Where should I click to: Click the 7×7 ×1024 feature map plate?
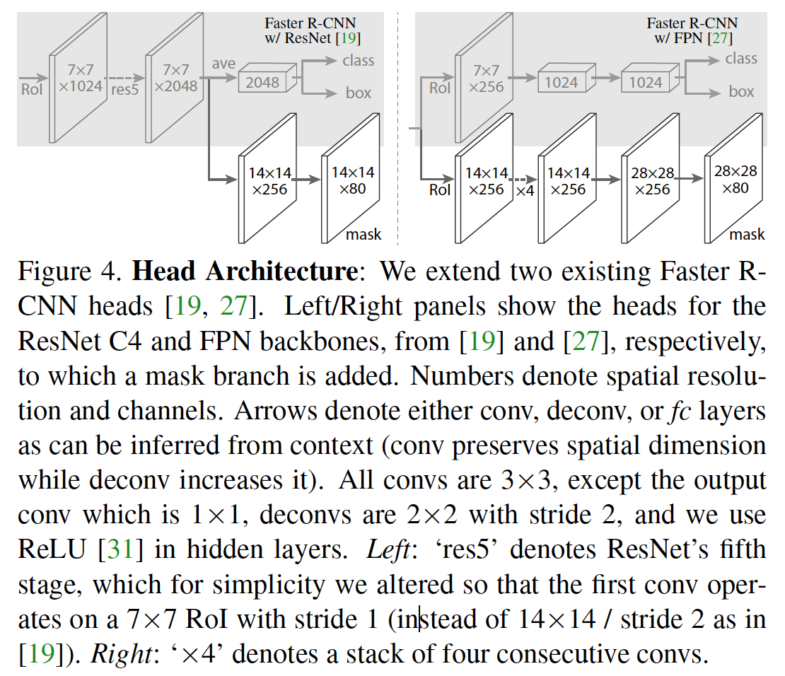[78, 79]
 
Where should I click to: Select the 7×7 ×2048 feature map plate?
[174, 79]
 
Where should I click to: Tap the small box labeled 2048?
[263, 82]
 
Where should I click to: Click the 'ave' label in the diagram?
[223, 64]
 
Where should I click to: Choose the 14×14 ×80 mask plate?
[352, 181]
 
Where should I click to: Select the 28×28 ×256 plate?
[651, 181]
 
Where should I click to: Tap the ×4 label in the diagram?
[525, 191]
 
